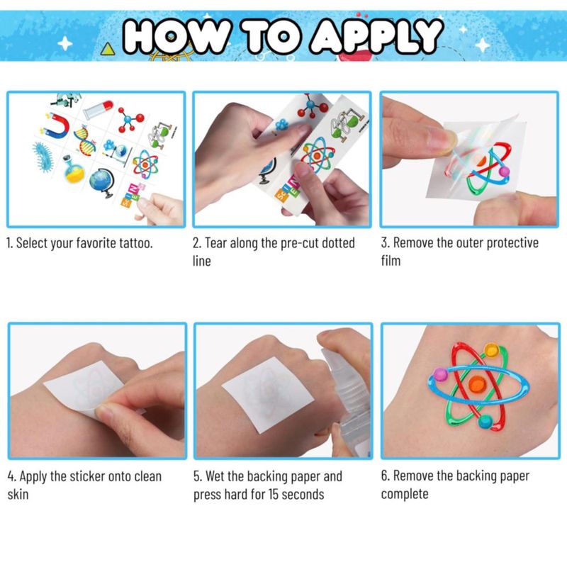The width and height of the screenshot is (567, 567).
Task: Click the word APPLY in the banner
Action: click(x=377, y=35)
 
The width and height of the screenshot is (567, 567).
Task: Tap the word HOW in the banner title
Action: click(x=176, y=36)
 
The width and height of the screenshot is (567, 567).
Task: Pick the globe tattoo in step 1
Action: click(x=102, y=183)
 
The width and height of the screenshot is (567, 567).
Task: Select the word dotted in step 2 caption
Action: click(x=338, y=242)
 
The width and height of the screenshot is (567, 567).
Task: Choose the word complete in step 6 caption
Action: click(x=405, y=494)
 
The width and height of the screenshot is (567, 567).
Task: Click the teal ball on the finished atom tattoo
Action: click(x=485, y=421)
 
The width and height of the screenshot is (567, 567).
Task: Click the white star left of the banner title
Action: click(x=65, y=43)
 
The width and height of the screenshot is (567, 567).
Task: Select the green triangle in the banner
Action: click(x=108, y=49)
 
